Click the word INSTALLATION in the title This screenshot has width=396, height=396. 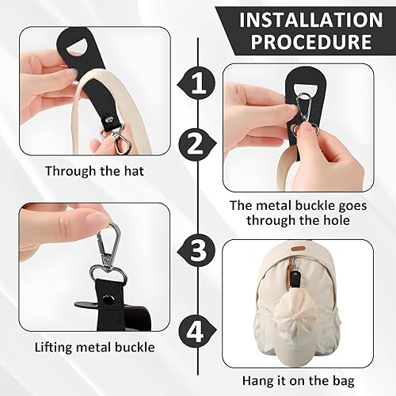click(x=311, y=19)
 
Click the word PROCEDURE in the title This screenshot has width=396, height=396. click(x=311, y=41)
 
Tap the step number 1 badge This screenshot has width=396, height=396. click(x=197, y=84)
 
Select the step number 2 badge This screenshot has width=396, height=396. click(x=197, y=143)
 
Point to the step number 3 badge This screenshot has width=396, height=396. click(x=196, y=250)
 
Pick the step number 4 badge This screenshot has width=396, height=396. click(x=196, y=331)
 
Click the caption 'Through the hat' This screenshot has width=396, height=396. click(x=94, y=171)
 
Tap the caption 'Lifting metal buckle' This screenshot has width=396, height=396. click(x=94, y=347)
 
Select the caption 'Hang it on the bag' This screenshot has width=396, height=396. click(x=299, y=381)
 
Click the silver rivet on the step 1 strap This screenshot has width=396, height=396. click(x=108, y=120)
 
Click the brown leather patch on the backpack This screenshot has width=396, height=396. click(x=298, y=249)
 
